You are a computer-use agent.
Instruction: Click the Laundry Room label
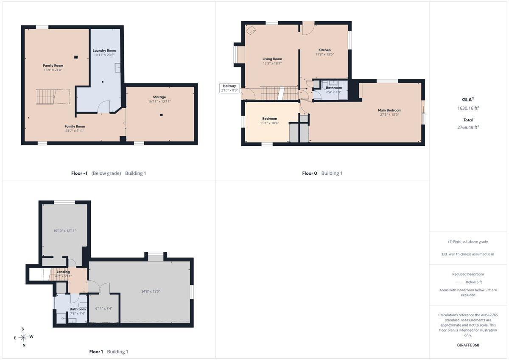point(104,50)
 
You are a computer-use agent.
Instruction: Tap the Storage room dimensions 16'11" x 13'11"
point(159,101)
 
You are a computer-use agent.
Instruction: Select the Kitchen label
point(324,50)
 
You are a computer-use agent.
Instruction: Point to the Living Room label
point(272,59)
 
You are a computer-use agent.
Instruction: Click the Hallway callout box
point(229,88)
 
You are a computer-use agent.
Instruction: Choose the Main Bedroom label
point(389,110)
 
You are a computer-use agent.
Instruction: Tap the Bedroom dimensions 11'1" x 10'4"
point(269,123)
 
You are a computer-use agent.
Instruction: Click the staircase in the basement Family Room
point(46,97)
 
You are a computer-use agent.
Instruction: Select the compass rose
point(23,337)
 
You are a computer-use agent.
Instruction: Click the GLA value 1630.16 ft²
point(468,108)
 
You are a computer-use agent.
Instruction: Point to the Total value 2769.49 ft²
point(468,127)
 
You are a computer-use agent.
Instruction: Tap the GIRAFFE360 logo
point(468,345)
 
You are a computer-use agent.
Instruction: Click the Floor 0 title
point(309,173)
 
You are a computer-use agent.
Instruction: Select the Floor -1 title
point(79,173)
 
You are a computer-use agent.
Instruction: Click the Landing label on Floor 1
point(63,272)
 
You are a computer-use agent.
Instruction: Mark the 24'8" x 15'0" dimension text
point(151,291)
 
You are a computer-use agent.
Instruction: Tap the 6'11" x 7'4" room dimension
point(103,308)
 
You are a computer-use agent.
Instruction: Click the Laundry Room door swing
point(103,107)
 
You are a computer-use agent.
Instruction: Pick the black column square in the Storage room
point(161,115)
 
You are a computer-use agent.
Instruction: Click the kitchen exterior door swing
point(308,28)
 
